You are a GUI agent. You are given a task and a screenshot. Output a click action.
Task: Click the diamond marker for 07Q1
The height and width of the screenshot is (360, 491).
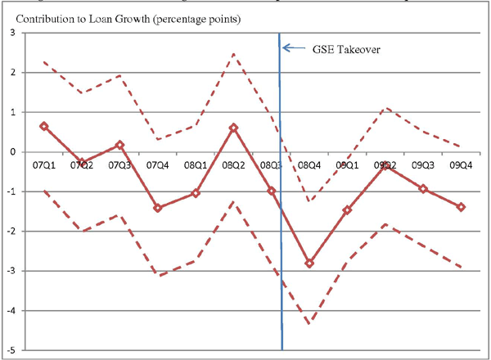(43, 126)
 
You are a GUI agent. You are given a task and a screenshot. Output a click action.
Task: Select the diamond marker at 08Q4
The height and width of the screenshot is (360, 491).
(309, 263)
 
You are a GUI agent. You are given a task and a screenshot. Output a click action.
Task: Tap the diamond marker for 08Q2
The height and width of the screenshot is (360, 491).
(233, 128)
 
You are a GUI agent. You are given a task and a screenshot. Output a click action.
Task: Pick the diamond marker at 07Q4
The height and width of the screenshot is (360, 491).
(157, 208)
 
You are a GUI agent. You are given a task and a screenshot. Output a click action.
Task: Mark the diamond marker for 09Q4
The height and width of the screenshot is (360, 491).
(462, 207)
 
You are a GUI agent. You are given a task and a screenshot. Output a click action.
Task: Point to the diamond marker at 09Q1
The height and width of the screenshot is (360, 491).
(347, 210)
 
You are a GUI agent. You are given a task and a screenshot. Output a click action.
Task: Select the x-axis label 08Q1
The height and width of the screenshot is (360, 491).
(195, 165)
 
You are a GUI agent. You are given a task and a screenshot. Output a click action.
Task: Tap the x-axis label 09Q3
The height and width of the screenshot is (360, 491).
(423, 165)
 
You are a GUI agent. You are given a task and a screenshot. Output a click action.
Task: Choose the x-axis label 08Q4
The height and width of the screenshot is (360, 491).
(309, 165)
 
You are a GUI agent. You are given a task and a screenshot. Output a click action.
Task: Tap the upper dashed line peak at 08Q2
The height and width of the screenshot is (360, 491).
(233, 54)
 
